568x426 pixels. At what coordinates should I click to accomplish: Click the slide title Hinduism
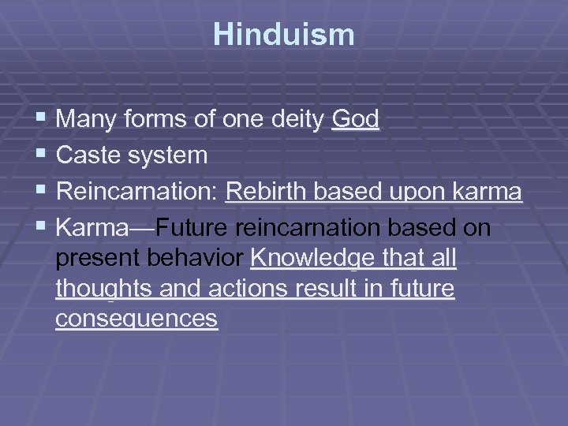tap(284, 35)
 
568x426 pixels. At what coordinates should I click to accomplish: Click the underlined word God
tap(356, 120)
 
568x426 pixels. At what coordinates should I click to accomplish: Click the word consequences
tap(136, 319)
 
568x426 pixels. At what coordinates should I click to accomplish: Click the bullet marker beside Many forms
tap(42, 120)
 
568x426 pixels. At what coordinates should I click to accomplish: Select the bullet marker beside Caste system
tap(42, 155)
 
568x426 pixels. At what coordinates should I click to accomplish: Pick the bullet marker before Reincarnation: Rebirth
tap(42, 192)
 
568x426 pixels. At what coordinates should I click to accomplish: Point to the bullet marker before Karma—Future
tap(42, 228)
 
